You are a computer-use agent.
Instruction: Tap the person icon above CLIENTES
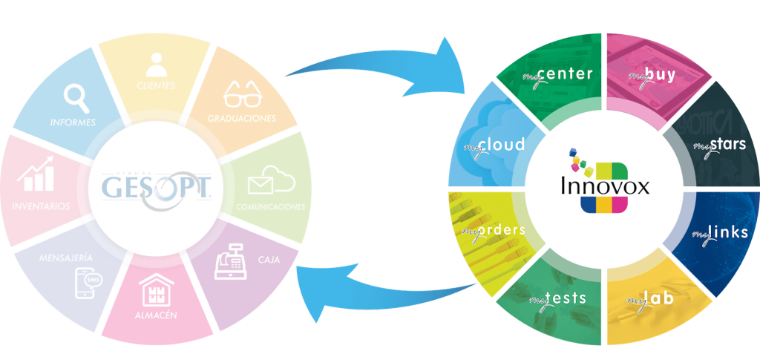coord(156,65)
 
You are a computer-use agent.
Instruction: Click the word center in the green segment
coord(567,73)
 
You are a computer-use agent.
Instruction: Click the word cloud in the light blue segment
coord(502,144)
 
